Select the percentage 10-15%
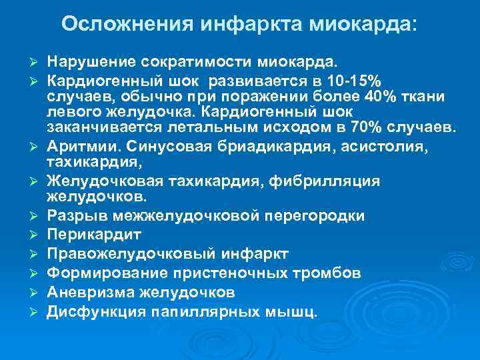[x=357, y=81]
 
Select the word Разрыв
[x=74, y=216]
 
